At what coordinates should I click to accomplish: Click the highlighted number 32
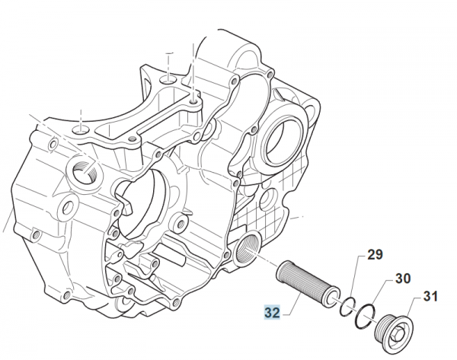coord(273,312)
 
